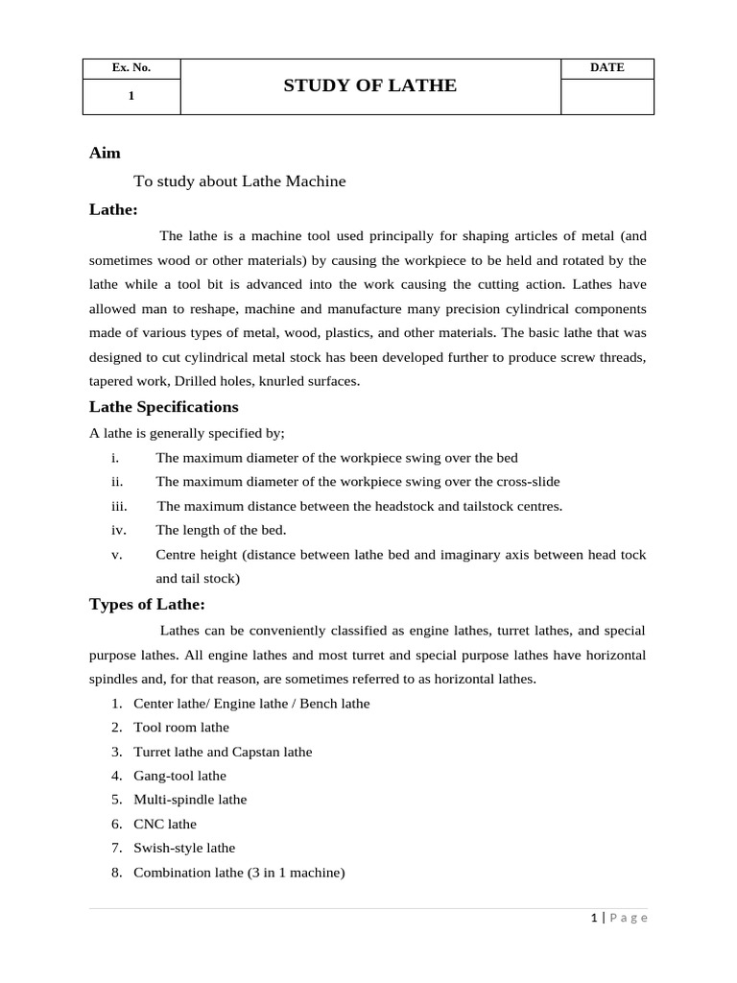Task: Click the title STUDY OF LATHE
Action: point(369,86)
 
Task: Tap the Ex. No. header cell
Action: point(131,68)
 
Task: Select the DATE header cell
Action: point(606,68)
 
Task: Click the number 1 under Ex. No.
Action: point(131,96)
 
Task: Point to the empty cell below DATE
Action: point(606,96)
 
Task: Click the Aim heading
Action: point(105,153)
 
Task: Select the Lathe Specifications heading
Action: point(163,407)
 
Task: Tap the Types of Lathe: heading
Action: point(147,604)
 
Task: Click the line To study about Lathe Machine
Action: point(239,181)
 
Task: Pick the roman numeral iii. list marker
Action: point(119,506)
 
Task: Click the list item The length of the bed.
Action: point(221,530)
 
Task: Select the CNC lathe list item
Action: point(165,824)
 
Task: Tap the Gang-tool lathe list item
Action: point(179,776)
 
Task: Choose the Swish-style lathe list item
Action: point(184,848)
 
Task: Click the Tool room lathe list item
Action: point(181,728)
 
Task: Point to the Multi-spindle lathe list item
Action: point(190,800)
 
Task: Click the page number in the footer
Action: point(594,918)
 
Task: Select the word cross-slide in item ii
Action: point(525,482)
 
